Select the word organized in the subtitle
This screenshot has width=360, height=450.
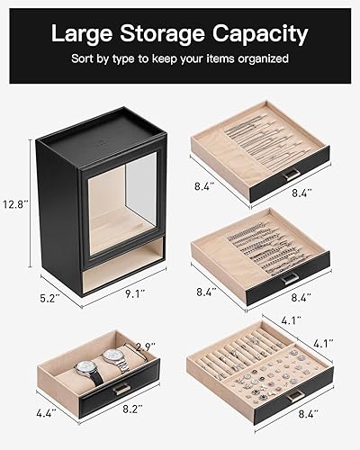262,58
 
